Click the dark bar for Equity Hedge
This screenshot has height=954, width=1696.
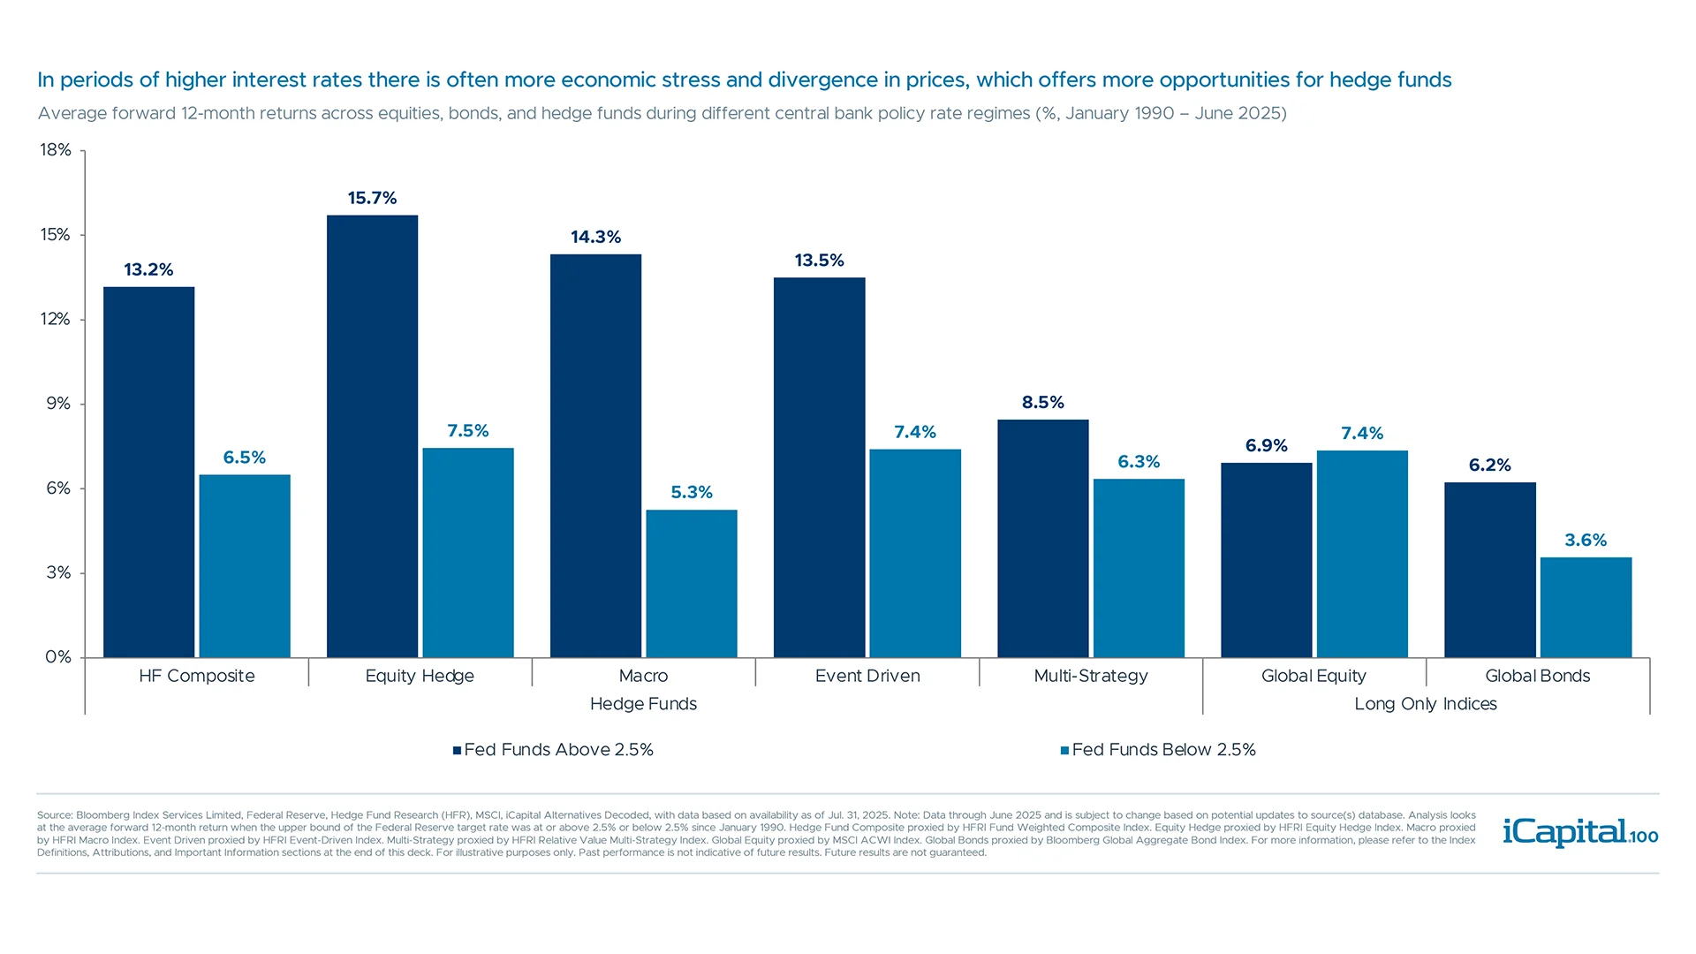click(x=372, y=436)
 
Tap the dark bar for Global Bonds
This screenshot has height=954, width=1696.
click(x=1490, y=570)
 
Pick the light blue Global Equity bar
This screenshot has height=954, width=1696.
click(x=1362, y=554)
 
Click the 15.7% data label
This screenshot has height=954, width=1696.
click(x=372, y=198)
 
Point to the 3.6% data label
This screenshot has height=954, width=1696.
click(x=1586, y=540)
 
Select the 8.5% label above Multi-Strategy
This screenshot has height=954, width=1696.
click(x=1042, y=402)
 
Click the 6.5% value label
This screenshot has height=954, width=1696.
click(x=244, y=458)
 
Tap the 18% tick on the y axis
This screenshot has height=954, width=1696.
click(x=56, y=150)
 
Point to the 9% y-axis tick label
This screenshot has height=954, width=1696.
click(x=58, y=404)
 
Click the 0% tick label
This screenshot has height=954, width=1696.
click(x=58, y=657)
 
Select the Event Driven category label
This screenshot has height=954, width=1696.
click(x=867, y=676)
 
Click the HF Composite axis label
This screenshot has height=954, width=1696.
click(x=196, y=676)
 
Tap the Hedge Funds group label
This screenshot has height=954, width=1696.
click(x=643, y=704)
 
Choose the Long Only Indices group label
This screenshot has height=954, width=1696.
click(x=1425, y=704)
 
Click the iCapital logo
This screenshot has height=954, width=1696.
click(x=1579, y=832)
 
